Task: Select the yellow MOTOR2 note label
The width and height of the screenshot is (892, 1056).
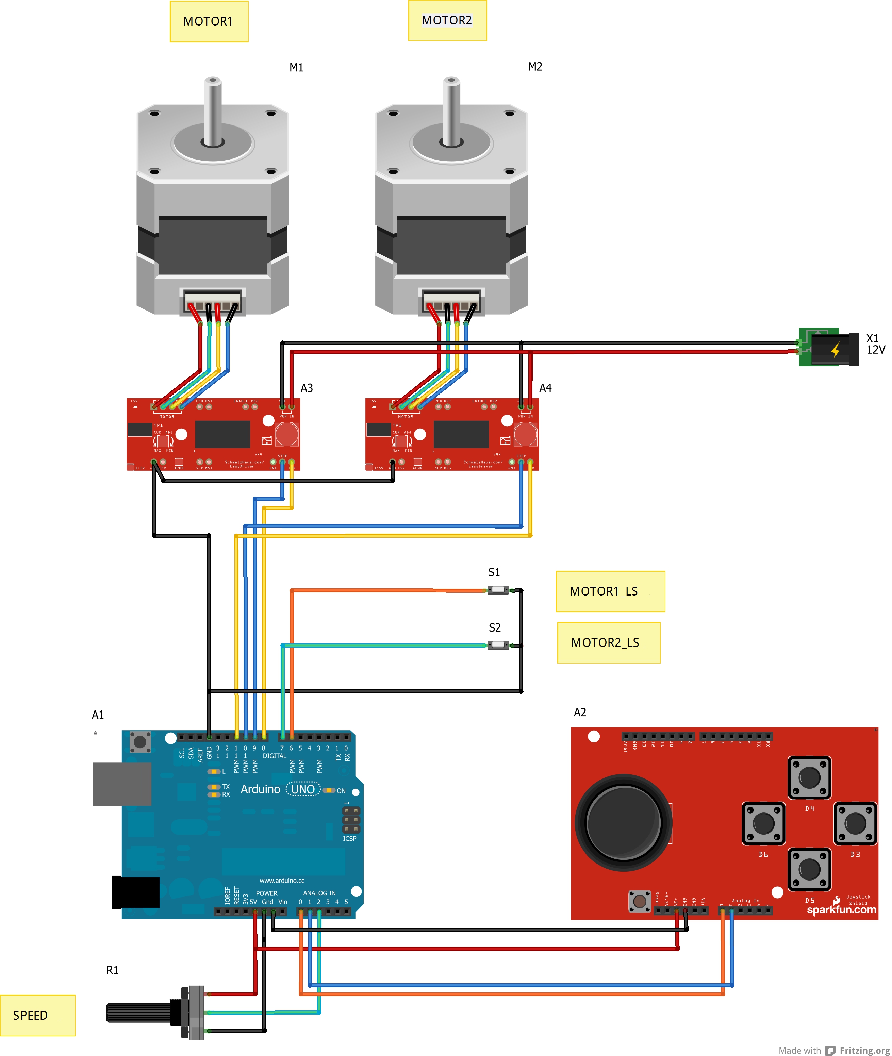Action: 447,20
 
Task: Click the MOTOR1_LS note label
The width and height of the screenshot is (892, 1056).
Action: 610,591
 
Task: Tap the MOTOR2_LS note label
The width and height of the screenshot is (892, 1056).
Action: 608,642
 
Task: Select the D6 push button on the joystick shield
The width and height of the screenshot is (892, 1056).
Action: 763,823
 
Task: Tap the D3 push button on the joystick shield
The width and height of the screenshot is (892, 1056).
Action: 855,823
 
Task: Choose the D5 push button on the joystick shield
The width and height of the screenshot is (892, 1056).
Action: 809,869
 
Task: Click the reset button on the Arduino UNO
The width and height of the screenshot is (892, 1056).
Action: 140,741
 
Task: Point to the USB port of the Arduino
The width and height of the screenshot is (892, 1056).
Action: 122,784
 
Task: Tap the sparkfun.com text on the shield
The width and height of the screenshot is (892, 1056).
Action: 841,910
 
